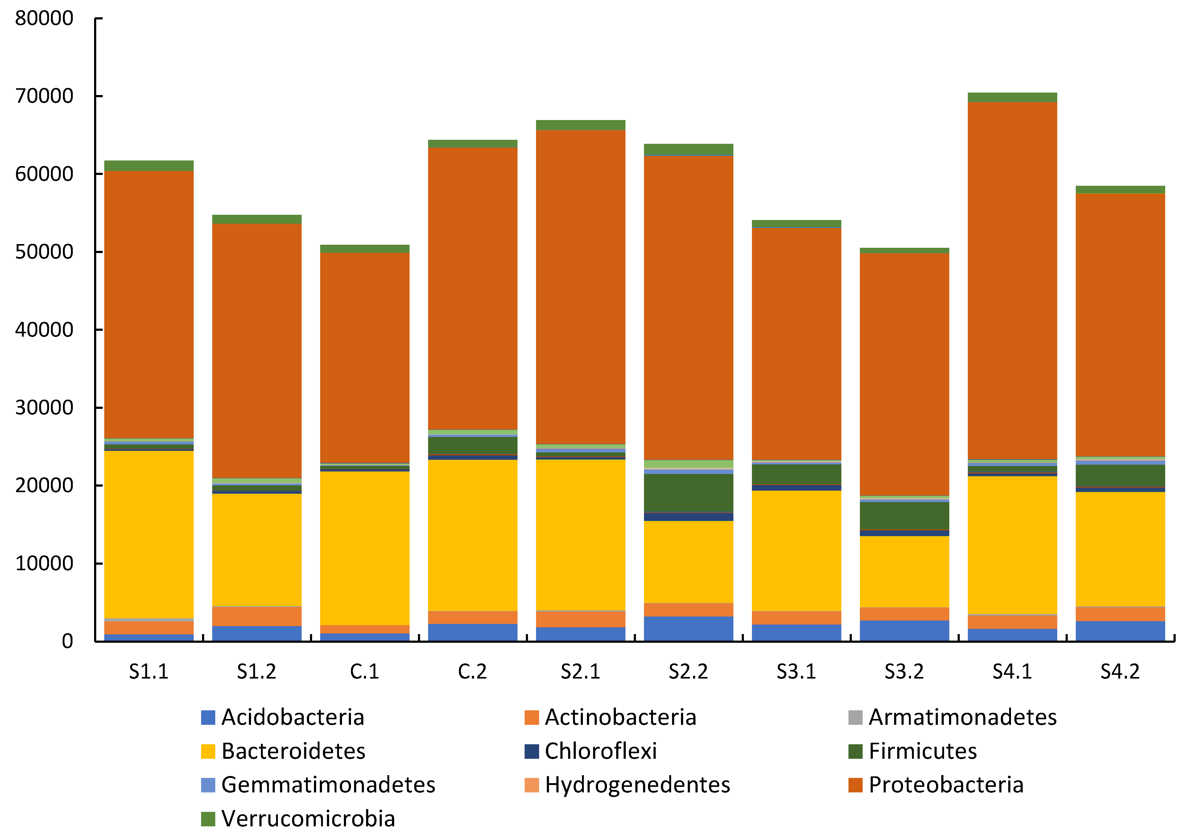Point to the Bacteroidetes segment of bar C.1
365,548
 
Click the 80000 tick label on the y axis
44,19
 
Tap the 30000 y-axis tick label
44,408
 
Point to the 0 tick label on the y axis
67,641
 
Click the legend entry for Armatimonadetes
962,717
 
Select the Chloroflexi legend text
600,751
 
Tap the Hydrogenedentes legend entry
637,784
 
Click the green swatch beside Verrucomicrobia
208,818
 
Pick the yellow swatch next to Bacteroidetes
208,751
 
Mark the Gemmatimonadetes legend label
328,784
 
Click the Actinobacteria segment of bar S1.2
257,616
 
